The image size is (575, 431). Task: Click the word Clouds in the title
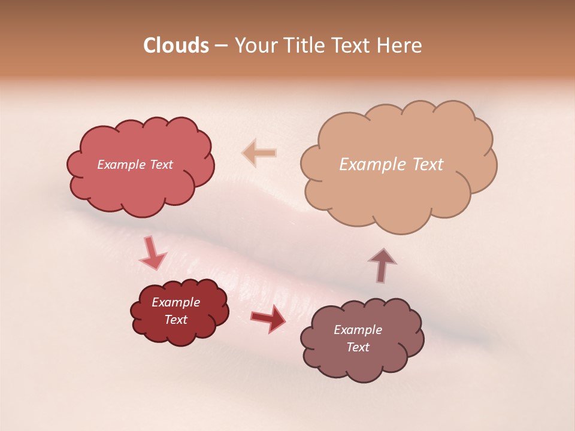(176, 45)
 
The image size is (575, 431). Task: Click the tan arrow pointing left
(259, 153)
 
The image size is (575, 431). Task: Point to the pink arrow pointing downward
(152, 254)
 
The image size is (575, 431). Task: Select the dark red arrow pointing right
(268, 319)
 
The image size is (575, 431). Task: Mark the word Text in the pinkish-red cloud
(161, 165)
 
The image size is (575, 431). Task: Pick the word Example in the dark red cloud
(176, 302)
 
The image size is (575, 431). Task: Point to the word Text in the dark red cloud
(176, 320)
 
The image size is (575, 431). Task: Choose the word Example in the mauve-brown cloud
(358, 330)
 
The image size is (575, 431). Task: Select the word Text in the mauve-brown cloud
(358, 347)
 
